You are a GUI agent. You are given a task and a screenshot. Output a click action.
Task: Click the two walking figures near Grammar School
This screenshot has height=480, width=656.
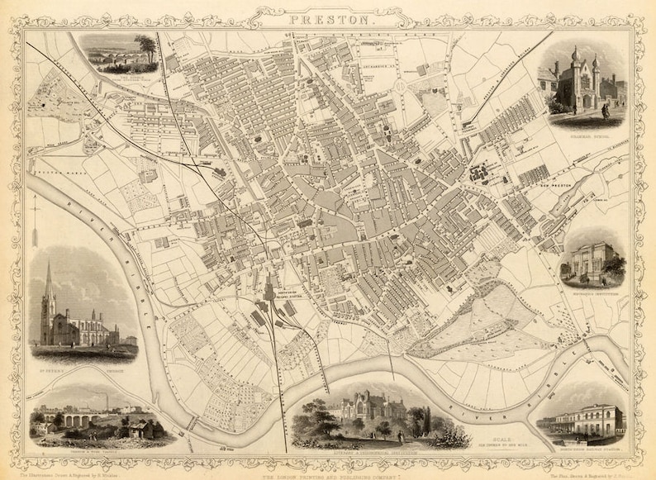coord(606,110)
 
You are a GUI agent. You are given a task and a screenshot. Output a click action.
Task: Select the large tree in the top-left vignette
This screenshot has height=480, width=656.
coord(147,48)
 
